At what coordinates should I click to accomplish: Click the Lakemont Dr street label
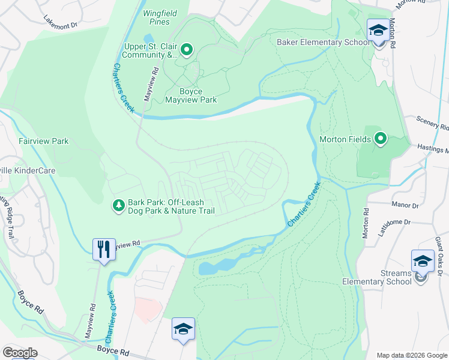61,22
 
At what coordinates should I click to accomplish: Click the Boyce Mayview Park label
191,95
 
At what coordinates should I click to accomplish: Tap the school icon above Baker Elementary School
378,29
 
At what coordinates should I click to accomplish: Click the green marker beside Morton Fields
380,139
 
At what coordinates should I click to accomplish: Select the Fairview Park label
43,142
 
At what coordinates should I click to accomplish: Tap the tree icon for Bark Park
119,206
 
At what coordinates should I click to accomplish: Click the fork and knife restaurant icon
104,248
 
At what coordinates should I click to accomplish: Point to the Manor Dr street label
405,205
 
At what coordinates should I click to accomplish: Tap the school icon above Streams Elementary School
423,261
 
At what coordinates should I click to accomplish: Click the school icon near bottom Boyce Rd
183,329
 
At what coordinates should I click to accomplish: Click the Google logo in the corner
20,353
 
